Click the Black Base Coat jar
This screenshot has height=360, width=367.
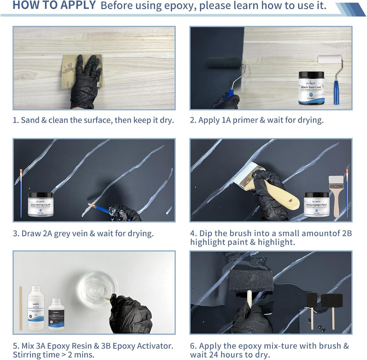click(311, 88)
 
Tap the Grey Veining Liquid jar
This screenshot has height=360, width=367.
click(40, 204)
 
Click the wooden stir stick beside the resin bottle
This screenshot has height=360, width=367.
click(21, 308)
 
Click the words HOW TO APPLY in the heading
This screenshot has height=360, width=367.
click(54, 5)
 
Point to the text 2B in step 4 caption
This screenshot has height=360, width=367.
click(347, 233)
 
